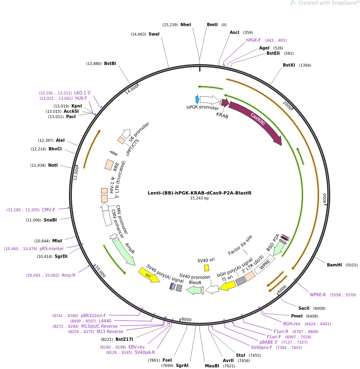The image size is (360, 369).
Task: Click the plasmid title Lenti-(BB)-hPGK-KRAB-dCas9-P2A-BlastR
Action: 200,192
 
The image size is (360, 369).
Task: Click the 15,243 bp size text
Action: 200,198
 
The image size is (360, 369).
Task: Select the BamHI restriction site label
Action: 334,265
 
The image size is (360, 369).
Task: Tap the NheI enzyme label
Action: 186,25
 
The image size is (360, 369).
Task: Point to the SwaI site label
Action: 154,34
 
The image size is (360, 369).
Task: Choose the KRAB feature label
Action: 222,116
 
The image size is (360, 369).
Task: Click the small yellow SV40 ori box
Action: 207,268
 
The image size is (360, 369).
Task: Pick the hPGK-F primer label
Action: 253,40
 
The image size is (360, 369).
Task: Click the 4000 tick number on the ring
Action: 325,198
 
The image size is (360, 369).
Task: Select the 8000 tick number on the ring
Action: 186,320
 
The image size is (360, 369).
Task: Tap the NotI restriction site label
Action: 53,165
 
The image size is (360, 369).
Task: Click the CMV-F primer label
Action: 48,210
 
